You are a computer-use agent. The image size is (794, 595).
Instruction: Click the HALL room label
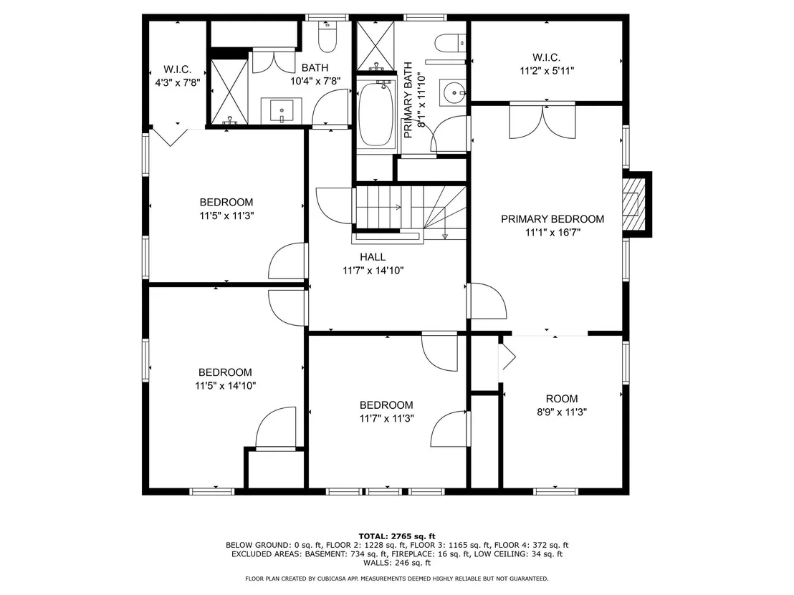pos(373,257)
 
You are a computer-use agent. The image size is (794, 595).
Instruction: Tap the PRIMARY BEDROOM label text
pos(553,219)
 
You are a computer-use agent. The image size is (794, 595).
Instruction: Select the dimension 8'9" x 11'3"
pos(562,412)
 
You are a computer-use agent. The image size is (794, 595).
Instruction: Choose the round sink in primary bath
pos(452,92)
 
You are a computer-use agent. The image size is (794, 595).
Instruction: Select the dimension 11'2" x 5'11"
pos(547,71)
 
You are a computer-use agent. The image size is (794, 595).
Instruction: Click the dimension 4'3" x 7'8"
pos(178,82)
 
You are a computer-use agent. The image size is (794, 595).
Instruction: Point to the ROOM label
pos(562,399)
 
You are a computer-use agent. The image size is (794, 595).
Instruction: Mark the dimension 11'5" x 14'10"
pos(225,385)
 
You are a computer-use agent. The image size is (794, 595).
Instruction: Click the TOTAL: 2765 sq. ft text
pos(397,536)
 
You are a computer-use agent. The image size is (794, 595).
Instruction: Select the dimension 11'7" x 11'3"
pos(387,418)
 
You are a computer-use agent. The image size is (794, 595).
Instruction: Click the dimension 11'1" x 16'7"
pos(553,232)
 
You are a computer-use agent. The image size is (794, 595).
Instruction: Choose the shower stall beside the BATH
pos(229,92)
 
